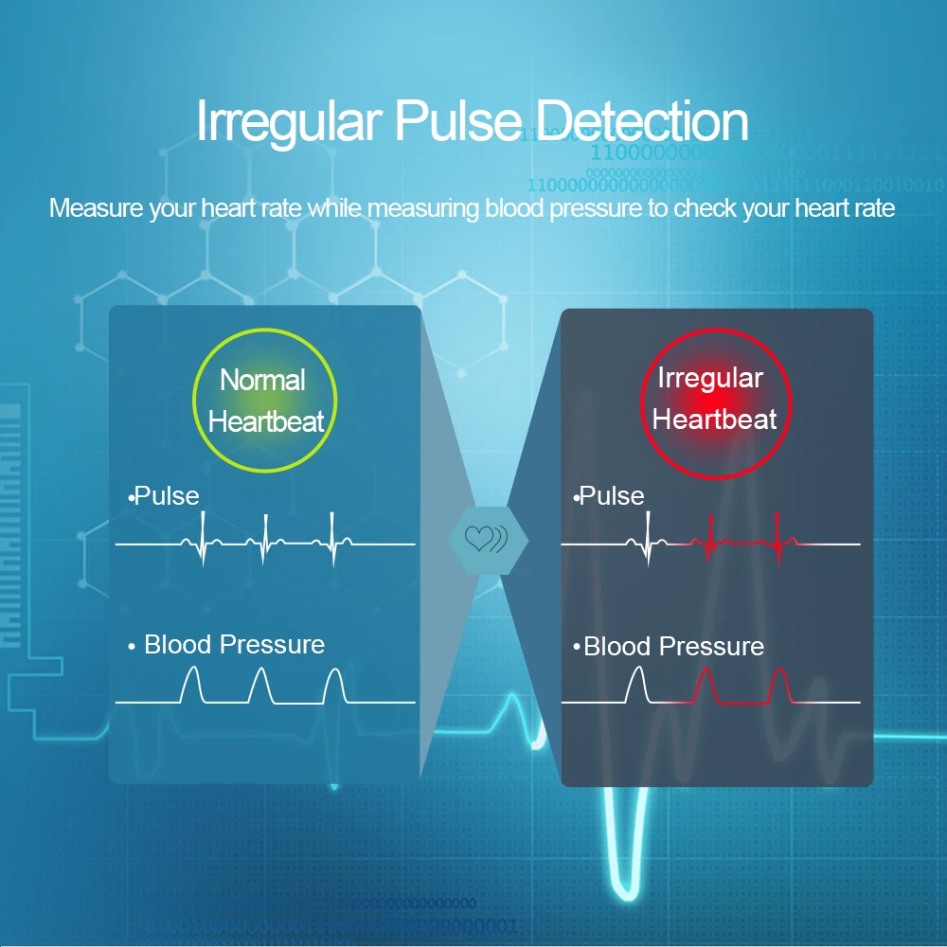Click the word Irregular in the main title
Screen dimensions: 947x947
click(x=288, y=122)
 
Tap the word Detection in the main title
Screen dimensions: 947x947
click(x=641, y=122)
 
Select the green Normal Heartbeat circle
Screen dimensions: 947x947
click(x=265, y=400)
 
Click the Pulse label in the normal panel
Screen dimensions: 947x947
click(x=167, y=495)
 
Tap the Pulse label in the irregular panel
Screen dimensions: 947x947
click(x=612, y=495)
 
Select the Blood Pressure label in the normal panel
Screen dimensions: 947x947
click(x=234, y=645)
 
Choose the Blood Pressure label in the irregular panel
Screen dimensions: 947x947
click(x=673, y=647)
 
